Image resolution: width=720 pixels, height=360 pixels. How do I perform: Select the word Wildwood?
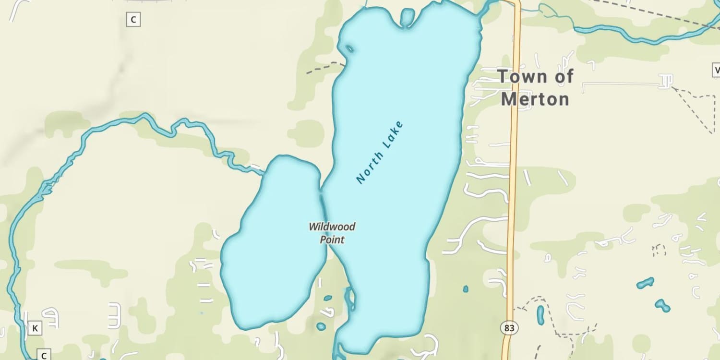tap(332, 227)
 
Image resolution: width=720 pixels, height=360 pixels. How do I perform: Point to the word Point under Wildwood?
tap(332, 239)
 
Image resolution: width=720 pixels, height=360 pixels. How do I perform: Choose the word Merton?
tap(535, 99)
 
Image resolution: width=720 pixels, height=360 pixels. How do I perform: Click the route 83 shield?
tap(509, 328)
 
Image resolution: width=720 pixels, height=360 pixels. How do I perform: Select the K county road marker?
tap(35, 328)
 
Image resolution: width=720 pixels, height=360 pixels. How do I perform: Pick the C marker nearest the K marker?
tap(44, 356)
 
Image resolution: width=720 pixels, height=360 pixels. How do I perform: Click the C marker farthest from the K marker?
tap(133, 20)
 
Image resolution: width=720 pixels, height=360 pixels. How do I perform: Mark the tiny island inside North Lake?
tap(349, 48)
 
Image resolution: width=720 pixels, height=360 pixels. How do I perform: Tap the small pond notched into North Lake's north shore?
tap(407, 17)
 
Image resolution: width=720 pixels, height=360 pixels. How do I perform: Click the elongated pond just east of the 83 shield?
tap(540, 314)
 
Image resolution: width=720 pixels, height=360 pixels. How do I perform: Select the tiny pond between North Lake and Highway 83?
tap(466, 289)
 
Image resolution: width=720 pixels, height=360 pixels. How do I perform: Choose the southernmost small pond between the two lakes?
tap(321, 327)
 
